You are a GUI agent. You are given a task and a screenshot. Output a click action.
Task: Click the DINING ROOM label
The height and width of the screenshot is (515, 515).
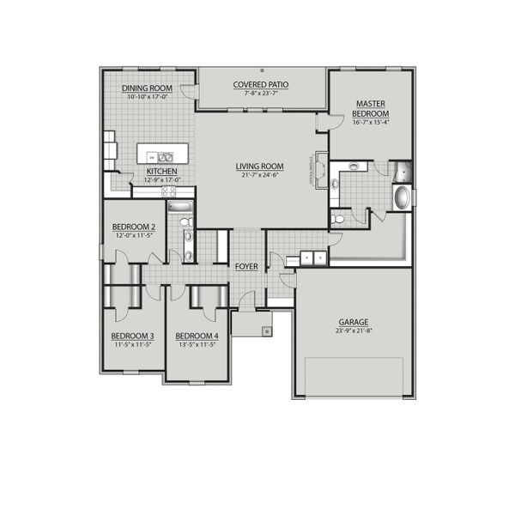point(148,88)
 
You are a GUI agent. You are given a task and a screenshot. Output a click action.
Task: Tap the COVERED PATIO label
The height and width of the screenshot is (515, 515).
point(262,84)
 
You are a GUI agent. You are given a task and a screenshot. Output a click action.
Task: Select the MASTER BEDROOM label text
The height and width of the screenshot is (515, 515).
point(371,108)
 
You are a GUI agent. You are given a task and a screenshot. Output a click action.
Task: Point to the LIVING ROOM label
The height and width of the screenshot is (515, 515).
point(260,166)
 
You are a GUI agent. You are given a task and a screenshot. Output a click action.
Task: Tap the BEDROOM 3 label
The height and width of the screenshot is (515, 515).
point(132,336)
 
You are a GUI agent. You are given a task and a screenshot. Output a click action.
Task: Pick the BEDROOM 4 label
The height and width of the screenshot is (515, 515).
point(197,336)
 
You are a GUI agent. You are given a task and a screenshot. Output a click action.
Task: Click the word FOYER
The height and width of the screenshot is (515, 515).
point(246,267)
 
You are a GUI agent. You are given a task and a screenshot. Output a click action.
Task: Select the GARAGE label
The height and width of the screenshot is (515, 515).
point(352,322)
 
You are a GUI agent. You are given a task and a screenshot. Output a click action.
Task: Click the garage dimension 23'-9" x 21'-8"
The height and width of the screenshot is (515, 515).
point(352,330)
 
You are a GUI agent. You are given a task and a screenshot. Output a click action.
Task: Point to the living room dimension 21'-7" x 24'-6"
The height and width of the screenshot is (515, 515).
point(260,174)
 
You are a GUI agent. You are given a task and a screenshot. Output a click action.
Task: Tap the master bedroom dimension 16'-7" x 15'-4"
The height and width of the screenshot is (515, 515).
point(371,122)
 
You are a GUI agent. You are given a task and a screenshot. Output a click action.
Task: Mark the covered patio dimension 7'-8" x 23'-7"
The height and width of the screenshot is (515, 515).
point(262,93)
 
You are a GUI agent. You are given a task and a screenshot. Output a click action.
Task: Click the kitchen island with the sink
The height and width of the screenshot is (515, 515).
point(161,156)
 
